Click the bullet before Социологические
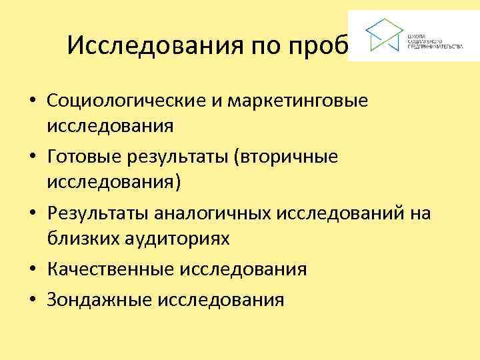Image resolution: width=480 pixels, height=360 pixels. coord(31,102)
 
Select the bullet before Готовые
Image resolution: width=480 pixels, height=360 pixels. coord(31,158)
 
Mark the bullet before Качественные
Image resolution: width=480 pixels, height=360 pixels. coord(31,270)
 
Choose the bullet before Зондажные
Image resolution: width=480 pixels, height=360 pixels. coord(31,300)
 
